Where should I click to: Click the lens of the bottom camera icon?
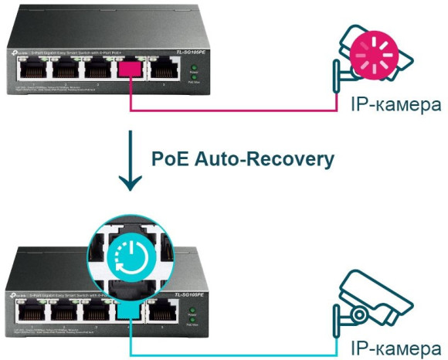pyautogui.click(x=360, y=314)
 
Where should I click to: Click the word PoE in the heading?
pyautogui.click(x=168, y=159)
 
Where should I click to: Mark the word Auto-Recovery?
pyautogui.click(x=264, y=159)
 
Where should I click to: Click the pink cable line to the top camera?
pyautogui.click(x=232, y=110)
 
